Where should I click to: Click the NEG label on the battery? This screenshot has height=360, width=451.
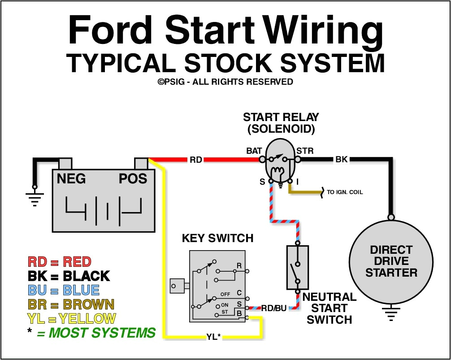71,179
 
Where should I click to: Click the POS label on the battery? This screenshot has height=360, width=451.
133,179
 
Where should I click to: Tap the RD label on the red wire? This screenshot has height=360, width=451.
196,160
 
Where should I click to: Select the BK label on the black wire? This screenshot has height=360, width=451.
342,159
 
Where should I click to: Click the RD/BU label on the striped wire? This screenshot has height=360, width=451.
274,308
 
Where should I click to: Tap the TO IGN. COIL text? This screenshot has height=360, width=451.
345,192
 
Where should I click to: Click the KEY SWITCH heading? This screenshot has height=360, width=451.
217,238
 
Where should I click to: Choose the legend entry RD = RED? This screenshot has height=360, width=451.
59,262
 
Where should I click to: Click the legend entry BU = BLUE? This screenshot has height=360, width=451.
63,290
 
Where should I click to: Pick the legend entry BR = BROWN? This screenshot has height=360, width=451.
71,304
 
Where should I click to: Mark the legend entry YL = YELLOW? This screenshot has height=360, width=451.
72,319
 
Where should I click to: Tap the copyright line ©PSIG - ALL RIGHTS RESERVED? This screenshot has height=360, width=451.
225,82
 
